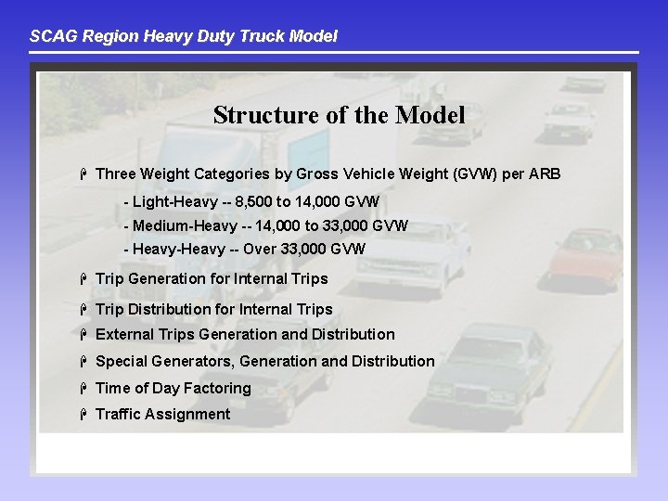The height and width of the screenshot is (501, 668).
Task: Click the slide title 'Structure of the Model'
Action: (x=339, y=115)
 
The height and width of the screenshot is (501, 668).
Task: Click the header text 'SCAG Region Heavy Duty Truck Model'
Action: (x=184, y=36)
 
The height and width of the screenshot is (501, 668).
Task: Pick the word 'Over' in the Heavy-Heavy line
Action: (x=262, y=249)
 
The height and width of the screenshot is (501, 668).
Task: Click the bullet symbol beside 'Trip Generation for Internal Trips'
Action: (x=83, y=278)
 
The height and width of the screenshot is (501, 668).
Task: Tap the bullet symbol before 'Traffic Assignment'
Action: (x=83, y=414)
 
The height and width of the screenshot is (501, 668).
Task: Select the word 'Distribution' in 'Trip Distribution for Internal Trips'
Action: (x=170, y=309)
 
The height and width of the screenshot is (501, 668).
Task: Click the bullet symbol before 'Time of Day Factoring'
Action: (x=83, y=388)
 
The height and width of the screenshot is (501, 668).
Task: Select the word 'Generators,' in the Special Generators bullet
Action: (x=198, y=361)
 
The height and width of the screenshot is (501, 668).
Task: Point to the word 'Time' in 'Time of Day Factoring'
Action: (x=113, y=388)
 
